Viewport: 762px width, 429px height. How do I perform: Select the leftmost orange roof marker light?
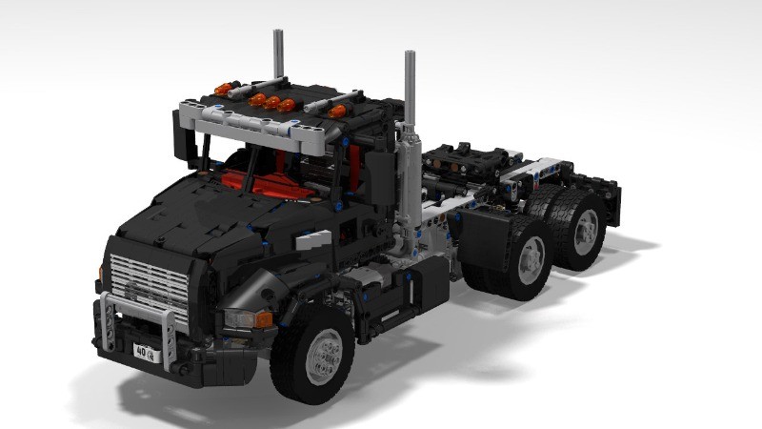click(225, 90)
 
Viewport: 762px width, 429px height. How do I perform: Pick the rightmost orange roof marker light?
click(336, 112)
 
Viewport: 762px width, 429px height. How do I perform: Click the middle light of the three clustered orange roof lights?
click(272, 102)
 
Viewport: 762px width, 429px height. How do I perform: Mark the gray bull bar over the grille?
click(138, 307)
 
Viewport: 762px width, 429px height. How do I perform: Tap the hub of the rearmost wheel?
click(585, 228)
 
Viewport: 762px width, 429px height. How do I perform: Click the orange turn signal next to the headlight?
click(264, 319)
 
